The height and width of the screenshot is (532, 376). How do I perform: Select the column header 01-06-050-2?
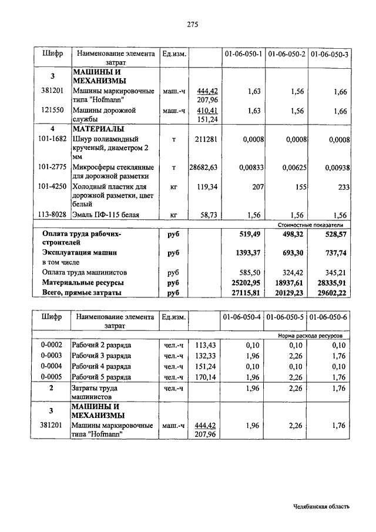tap(287, 55)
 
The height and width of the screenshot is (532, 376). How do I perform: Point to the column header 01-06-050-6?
tap(329, 317)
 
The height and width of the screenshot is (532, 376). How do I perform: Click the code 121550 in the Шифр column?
tap(52, 110)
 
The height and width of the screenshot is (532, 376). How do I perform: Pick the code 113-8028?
tap(52, 215)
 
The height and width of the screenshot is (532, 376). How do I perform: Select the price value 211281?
tap(206, 139)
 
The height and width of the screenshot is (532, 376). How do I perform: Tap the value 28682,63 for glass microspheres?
tap(203, 168)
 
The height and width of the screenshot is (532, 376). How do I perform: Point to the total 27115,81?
tap(246, 292)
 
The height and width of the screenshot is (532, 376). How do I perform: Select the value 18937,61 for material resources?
tap(288, 282)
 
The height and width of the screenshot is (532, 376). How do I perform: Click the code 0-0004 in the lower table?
tap(52, 366)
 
